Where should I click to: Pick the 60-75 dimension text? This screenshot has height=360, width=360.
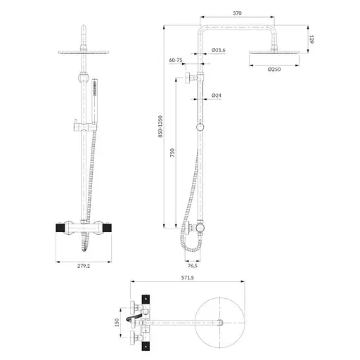176,61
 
